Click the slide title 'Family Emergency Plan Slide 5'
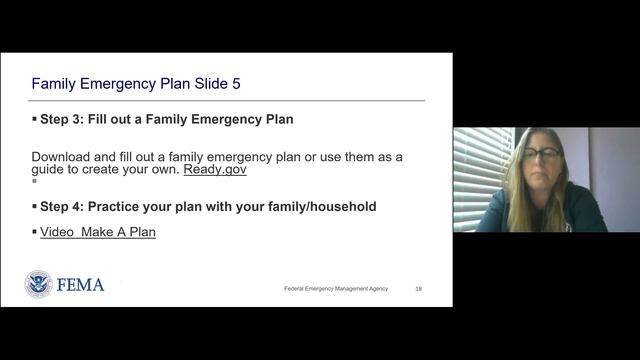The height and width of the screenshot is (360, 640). (136, 83)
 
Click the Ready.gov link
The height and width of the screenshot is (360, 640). (215, 170)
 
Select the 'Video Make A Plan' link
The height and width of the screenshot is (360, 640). (98, 232)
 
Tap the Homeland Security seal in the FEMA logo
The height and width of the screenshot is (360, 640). (38, 284)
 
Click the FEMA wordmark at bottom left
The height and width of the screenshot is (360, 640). (81, 285)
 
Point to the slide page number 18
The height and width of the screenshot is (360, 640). (418, 288)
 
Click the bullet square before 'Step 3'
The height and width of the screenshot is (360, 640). (34, 119)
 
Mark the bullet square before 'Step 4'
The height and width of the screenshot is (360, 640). (34, 206)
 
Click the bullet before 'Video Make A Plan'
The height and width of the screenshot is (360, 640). (34, 232)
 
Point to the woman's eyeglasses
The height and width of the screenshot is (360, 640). (541, 154)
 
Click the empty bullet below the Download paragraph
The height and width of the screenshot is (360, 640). (34, 182)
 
